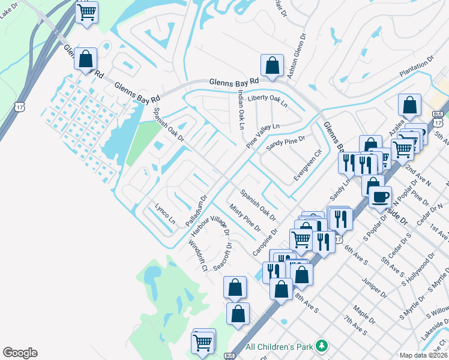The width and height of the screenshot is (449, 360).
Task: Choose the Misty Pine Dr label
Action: pos(245,218)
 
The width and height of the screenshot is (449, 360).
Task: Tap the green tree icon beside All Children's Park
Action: pos(323,346)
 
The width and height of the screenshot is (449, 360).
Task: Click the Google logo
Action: pos(20,353)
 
